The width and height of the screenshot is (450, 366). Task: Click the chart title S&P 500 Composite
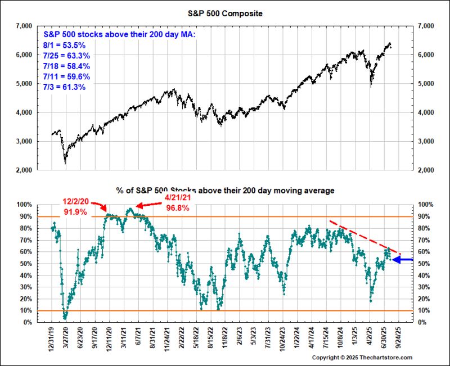224,12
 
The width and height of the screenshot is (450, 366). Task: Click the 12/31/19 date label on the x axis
52,339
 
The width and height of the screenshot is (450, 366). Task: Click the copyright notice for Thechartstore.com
362,358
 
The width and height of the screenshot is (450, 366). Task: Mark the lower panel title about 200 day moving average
224,191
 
